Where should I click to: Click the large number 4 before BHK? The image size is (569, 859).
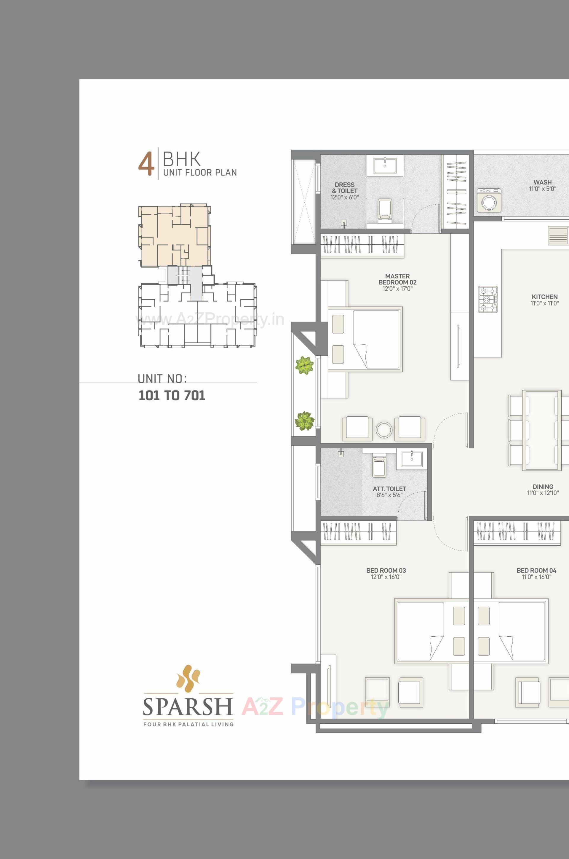pyautogui.click(x=146, y=165)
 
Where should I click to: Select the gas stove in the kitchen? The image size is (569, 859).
pyautogui.click(x=488, y=299)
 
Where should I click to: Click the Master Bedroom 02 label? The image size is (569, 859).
pyautogui.click(x=397, y=282)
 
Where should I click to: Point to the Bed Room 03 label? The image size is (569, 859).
pyautogui.click(x=386, y=574)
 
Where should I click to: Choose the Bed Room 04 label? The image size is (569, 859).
pyautogui.click(x=536, y=574)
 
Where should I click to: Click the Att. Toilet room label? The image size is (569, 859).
pyautogui.click(x=389, y=492)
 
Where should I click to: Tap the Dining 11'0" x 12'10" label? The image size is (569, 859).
pyautogui.click(x=543, y=489)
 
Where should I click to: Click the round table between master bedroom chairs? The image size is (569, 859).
pyautogui.click(x=384, y=430)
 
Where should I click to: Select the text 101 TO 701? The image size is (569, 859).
pyautogui.click(x=172, y=396)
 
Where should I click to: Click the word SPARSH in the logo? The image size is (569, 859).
pyautogui.click(x=188, y=706)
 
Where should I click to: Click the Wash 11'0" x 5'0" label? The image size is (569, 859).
pyautogui.click(x=543, y=185)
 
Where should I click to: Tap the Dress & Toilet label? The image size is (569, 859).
pyautogui.click(x=344, y=191)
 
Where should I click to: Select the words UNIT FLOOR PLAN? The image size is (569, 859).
pyautogui.click(x=200, y=172)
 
